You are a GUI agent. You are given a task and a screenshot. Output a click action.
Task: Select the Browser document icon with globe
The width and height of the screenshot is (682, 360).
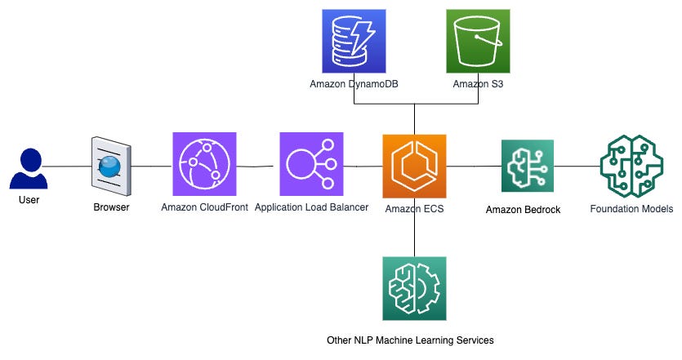pyautogui.click(x=110, y=167)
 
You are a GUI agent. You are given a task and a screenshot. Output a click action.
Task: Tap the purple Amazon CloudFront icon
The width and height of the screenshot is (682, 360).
pyautogui.click(x=204, y=164)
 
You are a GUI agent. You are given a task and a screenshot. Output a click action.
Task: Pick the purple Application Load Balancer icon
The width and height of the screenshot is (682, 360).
pyautogui.click(x=311, y=164)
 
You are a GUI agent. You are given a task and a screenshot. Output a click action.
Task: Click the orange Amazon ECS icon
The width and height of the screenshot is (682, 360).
pyautogui.click(x=414, y=166)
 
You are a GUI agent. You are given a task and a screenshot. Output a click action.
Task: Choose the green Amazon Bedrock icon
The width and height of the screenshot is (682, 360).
pyautogui.click(x=527, y=166)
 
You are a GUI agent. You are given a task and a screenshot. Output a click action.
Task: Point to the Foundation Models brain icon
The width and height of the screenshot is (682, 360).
pyautogui.click(x=631, y=164)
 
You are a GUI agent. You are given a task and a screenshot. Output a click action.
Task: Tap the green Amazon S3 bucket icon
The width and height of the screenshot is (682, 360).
pyautogui.click(x=478, y=39)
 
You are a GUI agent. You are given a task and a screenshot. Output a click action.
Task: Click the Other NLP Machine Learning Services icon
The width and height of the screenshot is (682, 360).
pyautogui.click(x=414, y=288)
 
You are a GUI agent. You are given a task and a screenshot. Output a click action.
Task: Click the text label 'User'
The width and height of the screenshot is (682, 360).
pyautogui.click(x=28, y=199)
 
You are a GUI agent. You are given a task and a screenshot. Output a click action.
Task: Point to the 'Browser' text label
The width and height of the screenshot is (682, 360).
pyautogui.click(x=111, y=207)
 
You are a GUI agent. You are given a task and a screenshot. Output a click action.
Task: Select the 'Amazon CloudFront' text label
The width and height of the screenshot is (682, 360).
pyautogui.click(x=204, y=207)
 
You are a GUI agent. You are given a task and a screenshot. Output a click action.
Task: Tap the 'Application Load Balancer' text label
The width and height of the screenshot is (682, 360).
pyautogui.click(x=311, y=207)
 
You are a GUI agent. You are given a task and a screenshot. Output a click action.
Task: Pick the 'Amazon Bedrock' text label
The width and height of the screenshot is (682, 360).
pyautogui.click(x=523, y=210)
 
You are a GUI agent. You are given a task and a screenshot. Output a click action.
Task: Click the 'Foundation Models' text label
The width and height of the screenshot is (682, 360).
pyautogui.click(x=631, y=209)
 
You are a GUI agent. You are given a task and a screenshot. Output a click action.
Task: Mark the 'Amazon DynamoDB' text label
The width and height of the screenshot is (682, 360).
pyautogui.click(x=348, y=83)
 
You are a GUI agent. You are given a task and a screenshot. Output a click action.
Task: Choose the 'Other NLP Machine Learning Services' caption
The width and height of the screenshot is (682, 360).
pyautogui.click(x=408, y=340)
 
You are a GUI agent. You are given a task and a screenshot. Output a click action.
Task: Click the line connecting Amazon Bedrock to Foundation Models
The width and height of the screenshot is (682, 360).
pyautogui.click(x=577, y=166)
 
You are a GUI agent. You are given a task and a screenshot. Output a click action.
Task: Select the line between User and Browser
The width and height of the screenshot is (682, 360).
pyautogui.click(x=65, y=166)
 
